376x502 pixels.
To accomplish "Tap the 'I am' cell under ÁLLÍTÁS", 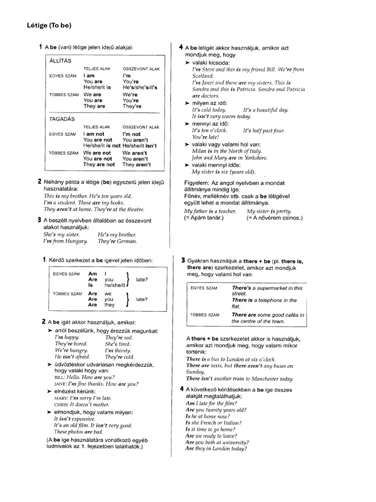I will (89, 76).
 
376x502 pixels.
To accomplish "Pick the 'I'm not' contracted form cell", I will (131, 134).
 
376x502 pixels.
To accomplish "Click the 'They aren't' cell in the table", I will (137, 165).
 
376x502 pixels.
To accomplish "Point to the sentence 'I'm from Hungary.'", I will (66, 241).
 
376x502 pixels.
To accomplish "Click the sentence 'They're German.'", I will (117, 241).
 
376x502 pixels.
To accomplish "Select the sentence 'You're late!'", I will (205, 138).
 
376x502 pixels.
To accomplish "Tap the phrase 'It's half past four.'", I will (263, 131).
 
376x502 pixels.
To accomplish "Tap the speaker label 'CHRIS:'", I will (63, 405).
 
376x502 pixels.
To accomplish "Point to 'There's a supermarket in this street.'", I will (267, 291).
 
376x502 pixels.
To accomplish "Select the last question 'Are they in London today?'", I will (216, 449).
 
